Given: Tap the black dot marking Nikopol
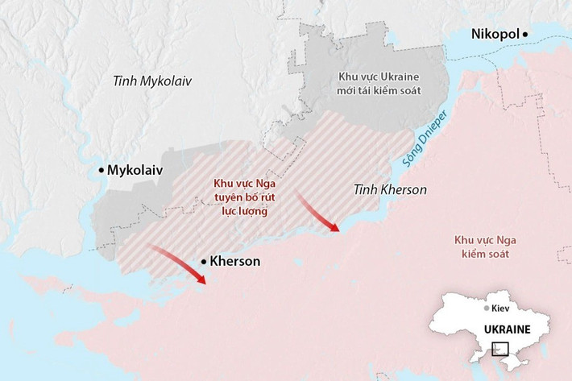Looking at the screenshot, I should (525, 34).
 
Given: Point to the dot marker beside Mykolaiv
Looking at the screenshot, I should (101, 170).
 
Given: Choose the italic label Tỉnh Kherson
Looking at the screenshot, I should (390, 190).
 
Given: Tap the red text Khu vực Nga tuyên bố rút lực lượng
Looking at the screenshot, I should (244, 195).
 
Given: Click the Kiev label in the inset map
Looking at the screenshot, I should (501, 309).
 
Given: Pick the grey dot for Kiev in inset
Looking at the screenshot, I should (487, 309).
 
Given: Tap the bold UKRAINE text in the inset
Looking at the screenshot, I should (507, 329).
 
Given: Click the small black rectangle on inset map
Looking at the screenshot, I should (500, 349).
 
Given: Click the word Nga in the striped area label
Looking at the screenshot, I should (262, 182).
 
